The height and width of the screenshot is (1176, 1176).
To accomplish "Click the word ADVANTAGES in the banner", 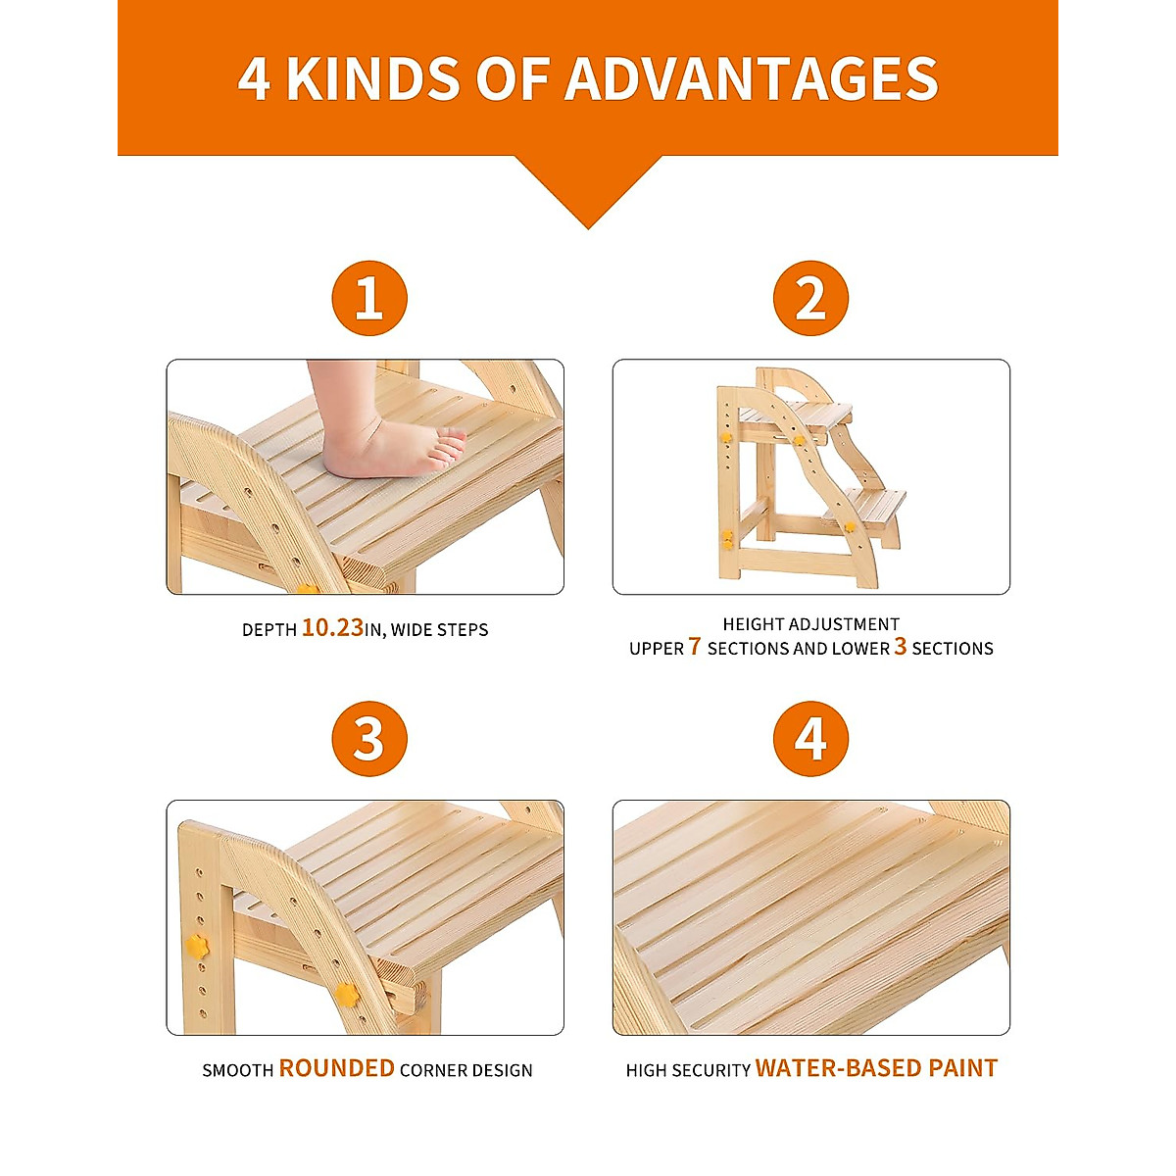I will tap(751, 79).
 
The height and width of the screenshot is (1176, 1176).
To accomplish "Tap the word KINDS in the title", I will tap(373, 79).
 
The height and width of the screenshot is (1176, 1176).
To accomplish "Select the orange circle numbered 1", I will tap(368, 298).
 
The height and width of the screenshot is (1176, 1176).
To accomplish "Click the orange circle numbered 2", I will tap(810, 298).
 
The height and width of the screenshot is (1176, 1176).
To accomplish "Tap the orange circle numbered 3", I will tap(368, 739).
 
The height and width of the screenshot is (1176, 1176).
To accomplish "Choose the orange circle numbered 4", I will tap(810, 739).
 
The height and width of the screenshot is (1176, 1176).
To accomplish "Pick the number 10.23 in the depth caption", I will tap(332, 628).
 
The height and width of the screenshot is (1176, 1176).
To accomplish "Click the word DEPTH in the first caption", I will tap(269, 630).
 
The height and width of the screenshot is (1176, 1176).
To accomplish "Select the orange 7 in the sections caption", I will tap(695, 647).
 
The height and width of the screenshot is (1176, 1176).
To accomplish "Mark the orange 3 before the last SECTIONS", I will tap(900, 647).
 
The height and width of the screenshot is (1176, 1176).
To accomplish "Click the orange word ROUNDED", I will tap(336, 1068).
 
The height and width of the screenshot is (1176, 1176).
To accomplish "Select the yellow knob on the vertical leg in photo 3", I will tap(198, 947).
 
